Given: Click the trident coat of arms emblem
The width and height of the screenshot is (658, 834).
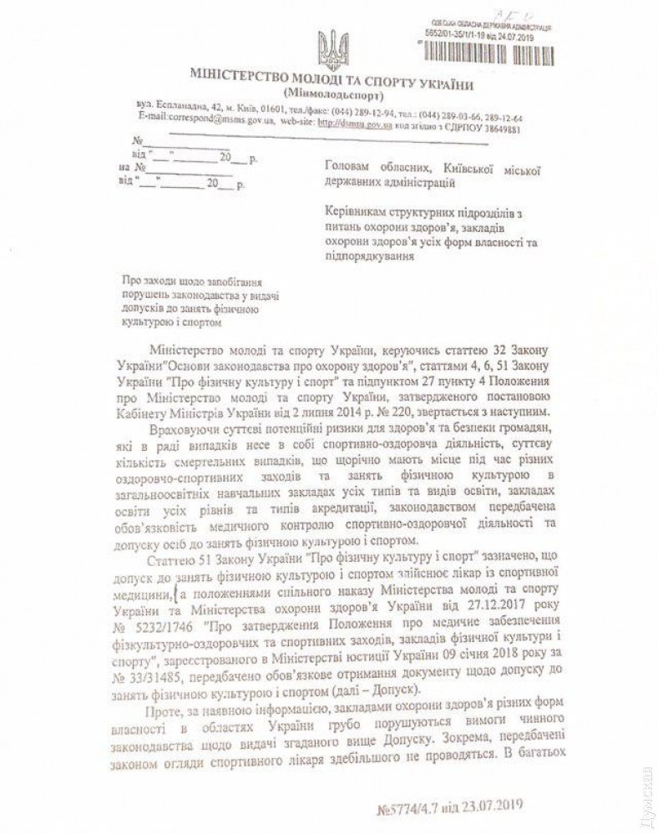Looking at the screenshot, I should tap(332, 49).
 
